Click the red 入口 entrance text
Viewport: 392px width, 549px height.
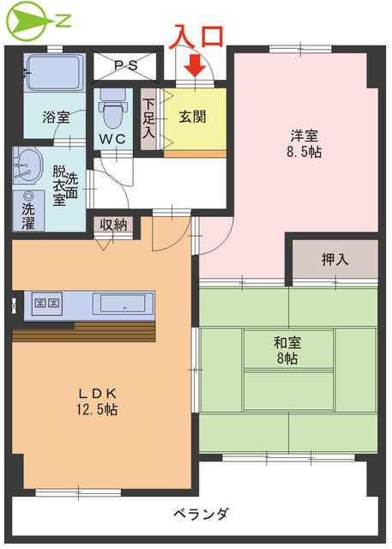pos(196,36)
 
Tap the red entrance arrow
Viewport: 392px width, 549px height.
pos(195,65)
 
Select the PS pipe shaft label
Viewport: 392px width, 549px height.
pos(126,65)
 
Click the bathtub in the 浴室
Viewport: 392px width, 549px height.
pos(54,72)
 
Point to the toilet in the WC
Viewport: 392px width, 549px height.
pos(113,108)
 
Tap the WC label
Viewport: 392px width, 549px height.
pos(112,139)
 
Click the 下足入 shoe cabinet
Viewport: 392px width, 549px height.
pos(148,118)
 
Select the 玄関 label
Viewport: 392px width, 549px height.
pos(192,117)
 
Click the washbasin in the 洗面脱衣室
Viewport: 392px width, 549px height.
pos(27,166)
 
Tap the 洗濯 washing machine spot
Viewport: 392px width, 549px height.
pos(28,211)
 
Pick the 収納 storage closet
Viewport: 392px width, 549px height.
pos(113,225)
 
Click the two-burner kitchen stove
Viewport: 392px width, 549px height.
pos(47,303)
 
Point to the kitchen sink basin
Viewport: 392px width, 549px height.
pos(123,303)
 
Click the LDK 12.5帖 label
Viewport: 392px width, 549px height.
pos(97,401)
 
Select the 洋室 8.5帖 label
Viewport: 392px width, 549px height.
pos(305,144)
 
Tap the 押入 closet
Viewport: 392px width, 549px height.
pos(335,259)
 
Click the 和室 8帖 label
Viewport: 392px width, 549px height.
pos(287,350)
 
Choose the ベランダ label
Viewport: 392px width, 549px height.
pos(202,514)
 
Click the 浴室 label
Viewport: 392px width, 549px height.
pos(57,117)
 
